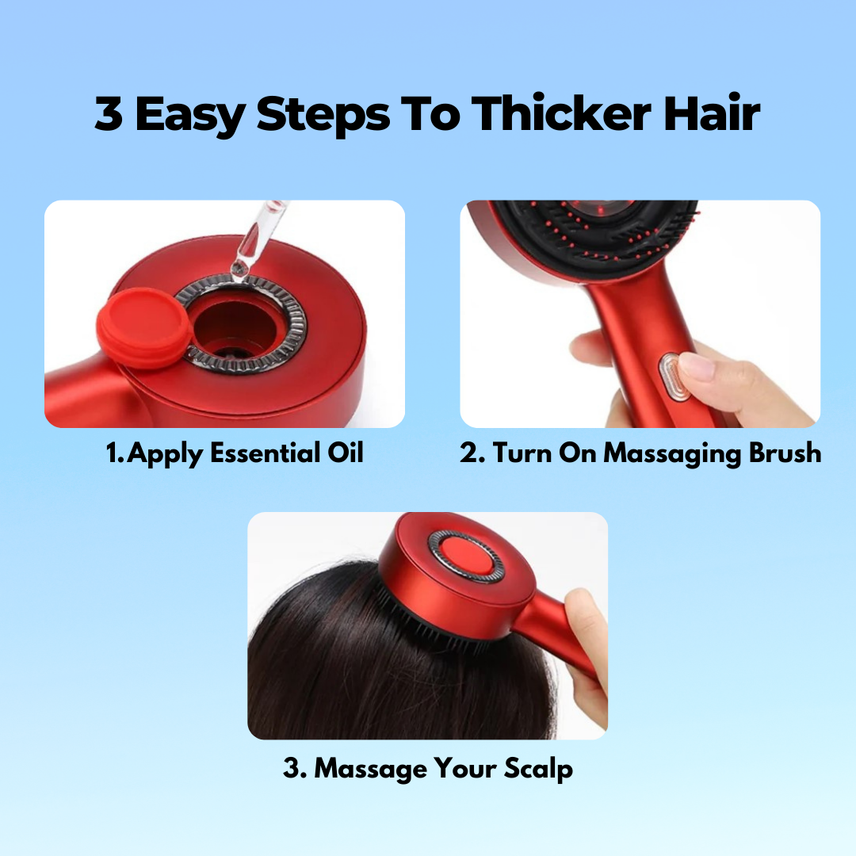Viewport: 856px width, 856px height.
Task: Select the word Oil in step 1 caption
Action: [345, 453]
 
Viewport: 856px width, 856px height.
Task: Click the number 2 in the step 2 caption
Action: [469, 453]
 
